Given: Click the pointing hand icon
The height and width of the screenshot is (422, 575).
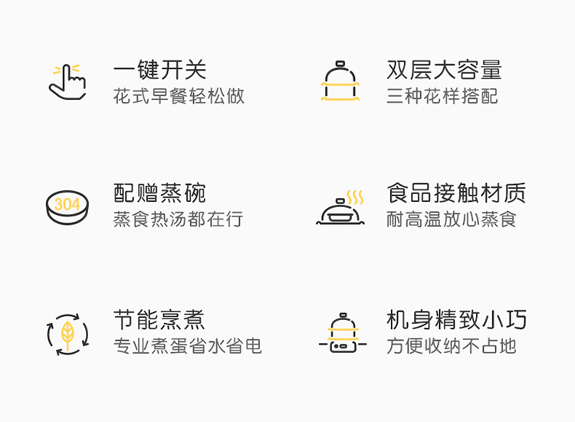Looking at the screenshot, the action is point(67,82).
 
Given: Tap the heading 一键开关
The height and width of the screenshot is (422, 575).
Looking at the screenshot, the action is point(160,70).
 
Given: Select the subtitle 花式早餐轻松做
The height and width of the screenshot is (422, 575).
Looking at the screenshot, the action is point(179,96).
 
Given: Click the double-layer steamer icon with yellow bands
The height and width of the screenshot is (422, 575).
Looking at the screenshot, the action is point(340,81).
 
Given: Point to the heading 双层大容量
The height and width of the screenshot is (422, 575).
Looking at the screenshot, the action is point(444,70).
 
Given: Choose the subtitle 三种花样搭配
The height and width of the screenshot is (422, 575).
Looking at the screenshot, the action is point(442,96).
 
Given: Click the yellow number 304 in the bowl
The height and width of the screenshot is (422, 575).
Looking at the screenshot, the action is point(67,204).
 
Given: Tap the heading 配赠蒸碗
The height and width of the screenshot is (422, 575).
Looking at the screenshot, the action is point(159,193).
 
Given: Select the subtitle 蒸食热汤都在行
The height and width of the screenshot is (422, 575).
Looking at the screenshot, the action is point(178,219).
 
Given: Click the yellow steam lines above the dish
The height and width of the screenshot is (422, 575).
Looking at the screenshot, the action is point(355,197).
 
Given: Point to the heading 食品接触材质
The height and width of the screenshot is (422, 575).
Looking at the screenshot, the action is point(457,193).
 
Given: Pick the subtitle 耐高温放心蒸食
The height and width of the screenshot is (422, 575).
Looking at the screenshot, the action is point(452,219).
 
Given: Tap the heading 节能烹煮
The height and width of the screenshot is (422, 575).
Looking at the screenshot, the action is point(159,320).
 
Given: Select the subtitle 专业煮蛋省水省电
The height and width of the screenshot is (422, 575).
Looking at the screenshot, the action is point(187,346).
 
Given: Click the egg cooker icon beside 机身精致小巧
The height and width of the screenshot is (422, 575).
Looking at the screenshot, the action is point(343,333).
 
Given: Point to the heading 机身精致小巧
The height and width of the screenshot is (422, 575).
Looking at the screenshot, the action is point(457,320).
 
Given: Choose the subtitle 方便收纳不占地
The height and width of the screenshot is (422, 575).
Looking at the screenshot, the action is point(452,346).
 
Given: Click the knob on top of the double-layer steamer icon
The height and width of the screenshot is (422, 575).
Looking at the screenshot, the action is point(340,64).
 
